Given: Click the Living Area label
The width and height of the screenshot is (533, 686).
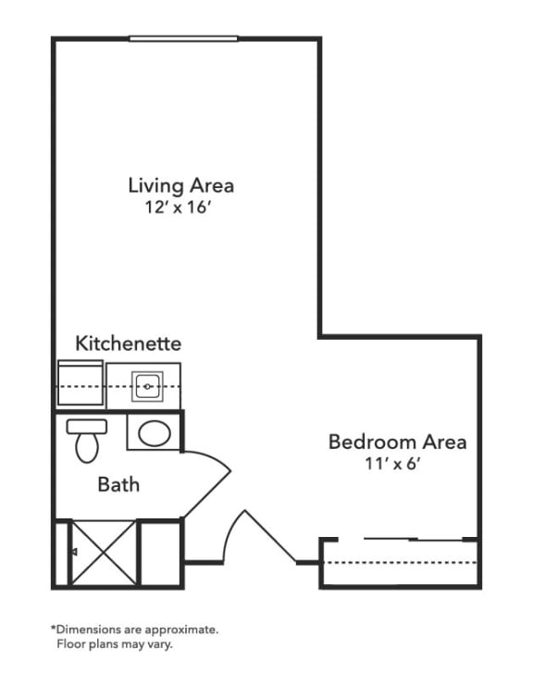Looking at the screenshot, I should click(x=180, y=185).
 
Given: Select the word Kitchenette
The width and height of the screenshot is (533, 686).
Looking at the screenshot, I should click(x=128, y=343).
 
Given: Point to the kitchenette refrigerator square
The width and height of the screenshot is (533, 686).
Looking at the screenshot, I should click(x=80, y=383).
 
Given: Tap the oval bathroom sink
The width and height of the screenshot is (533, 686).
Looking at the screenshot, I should click(x=154, y=432).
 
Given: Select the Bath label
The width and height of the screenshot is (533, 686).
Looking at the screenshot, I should click(x=118, y=483).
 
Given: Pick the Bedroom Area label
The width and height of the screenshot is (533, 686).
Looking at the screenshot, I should click(x=397, y=442).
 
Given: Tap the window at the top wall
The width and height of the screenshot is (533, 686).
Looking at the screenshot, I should click(x=183, y=39).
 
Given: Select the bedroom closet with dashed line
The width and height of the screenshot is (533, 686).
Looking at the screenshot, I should click(x=400, y=565).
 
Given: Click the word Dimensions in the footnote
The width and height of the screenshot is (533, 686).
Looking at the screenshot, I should click(x=87, y=630).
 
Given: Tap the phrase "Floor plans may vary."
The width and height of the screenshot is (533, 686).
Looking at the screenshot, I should click(x=115, y=644).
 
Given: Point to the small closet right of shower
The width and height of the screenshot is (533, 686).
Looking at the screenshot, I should click(x=159, y=553).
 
